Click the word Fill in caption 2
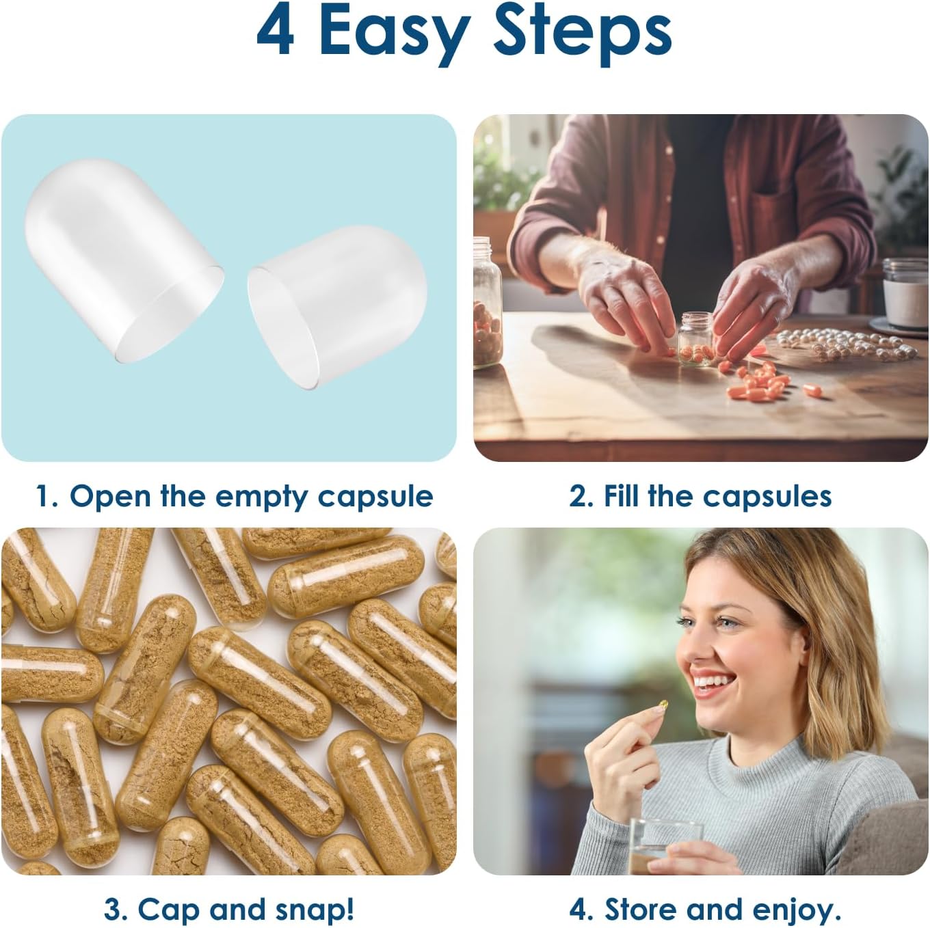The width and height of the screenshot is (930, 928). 622,497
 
